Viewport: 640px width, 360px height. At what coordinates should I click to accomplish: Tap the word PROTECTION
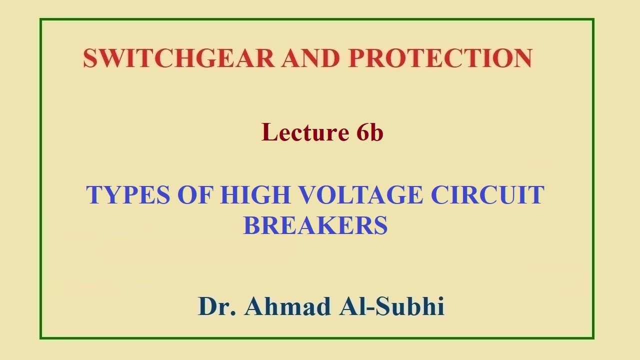(440, 58)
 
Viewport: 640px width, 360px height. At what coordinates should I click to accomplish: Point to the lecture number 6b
(370, 132)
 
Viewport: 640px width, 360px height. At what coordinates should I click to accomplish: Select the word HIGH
(256, 194)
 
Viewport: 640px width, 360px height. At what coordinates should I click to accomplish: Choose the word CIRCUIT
(487, 194)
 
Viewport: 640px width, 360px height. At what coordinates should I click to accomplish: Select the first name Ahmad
(287, 306)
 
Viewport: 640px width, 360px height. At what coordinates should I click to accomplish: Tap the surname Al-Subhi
(391, 306)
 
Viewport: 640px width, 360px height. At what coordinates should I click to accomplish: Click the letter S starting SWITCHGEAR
(89, 58)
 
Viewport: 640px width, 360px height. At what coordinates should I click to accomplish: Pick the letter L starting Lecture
(268, 132)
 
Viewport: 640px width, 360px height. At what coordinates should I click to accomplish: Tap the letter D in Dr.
(207, 306)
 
